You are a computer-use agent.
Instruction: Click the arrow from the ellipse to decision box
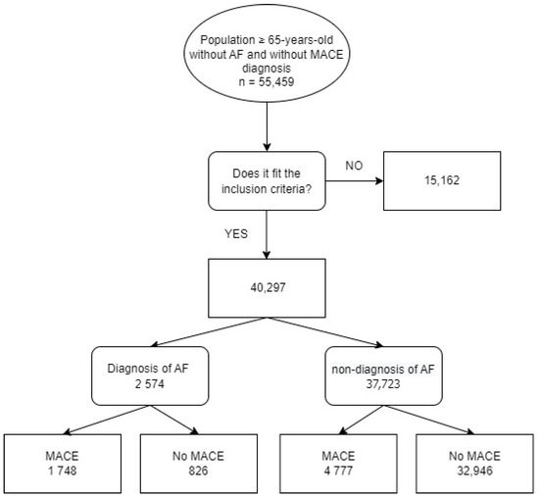268,129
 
